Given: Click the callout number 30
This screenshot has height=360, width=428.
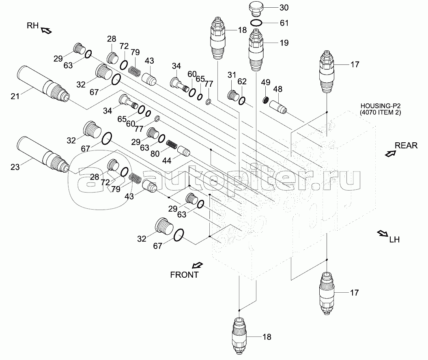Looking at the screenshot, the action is tap(284, 8).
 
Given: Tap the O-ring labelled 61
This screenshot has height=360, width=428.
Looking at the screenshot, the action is tap(256, 23).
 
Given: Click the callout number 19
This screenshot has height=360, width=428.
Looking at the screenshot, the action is tap(284, 43).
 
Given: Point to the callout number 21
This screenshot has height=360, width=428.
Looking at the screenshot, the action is tap(15, 96).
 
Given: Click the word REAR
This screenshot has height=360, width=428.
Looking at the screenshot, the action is tap(406, 146).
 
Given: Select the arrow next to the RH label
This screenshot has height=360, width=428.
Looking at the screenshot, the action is tap(46, 30).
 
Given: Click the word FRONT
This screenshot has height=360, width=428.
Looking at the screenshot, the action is tap(184, 274).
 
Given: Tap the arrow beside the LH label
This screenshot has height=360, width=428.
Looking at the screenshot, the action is tap(383, 234).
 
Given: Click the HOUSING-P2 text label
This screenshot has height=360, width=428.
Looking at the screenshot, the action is tap(380, 105).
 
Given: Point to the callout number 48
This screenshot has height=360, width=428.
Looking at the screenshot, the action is tap(277, 89).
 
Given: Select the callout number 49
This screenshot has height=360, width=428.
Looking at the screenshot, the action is tap(266, 82).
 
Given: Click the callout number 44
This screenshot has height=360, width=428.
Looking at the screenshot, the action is tap(167, 161).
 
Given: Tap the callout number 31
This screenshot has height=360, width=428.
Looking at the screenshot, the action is tap(232, 75).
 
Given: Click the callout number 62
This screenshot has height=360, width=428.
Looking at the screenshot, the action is tap(242, 81).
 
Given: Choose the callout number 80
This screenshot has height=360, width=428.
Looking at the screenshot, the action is tap(155, 154).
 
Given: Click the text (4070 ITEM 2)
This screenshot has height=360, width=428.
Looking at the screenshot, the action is tap(380, 112).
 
